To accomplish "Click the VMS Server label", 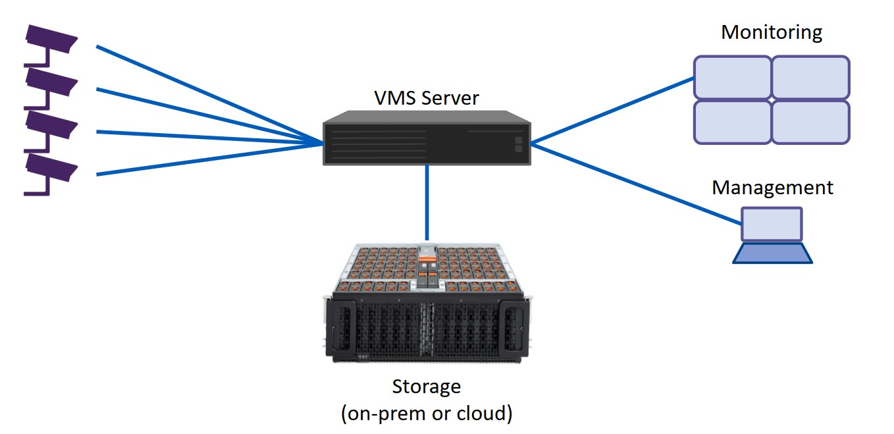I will pos(427,99).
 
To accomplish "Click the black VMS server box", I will pos(427,140).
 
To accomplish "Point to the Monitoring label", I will pos(772,32).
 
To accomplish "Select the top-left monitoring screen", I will pos(732,78).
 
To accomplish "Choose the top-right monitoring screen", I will pos(810,78).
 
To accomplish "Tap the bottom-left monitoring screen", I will pos(732,122).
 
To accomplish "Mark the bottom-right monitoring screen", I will pos(810,122).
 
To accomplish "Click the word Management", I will pos(772,188).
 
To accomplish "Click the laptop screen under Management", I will pos(772,224).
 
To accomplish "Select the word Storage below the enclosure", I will pos(427,386).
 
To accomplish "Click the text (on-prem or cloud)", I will pos(427,414).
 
